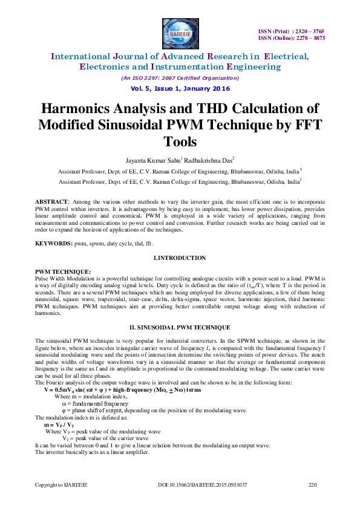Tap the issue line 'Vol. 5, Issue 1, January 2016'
point(180,88)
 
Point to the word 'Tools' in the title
point(180,141)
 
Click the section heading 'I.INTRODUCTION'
point(180,258)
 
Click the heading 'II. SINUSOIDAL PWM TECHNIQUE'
point(180,326)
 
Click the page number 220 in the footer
point(313,484)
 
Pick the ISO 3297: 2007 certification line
point(180,78)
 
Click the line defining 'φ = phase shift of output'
point(154,410)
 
